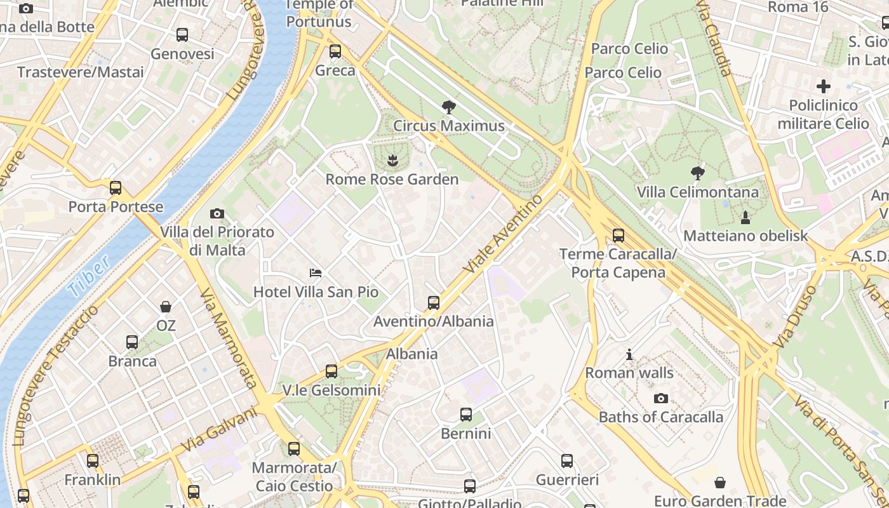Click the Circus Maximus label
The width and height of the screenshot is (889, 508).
click(x=448, y=126)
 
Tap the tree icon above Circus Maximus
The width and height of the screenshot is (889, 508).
click(x=449, y=107)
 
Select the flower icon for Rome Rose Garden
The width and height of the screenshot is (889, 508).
click(x=392, y=161)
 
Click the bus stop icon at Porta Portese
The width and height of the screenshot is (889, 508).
click(x=115, y=188)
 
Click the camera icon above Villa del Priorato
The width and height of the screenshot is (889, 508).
click(x=217, y=213)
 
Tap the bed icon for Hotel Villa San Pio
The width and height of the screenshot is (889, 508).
click(x=316, y=273)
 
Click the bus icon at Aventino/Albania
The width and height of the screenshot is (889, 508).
click(x=434, y=302)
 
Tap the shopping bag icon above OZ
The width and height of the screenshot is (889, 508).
click(x=166, y=307)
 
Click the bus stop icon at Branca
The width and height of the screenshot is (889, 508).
click(x=132, y=342)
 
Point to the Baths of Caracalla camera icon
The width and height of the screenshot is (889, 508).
click(x=661, y=398)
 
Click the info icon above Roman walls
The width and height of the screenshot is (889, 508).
click(x=629, y=354)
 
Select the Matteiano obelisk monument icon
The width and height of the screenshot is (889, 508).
click(x=745, y=218)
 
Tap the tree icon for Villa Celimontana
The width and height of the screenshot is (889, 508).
click(x=697, y=173)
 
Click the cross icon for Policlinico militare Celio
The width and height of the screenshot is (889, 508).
click(x=824, y=86)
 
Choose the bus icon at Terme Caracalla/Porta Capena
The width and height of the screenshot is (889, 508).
click(x=618, y=236)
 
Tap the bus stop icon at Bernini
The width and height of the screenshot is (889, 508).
click(x=466, y=415)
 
